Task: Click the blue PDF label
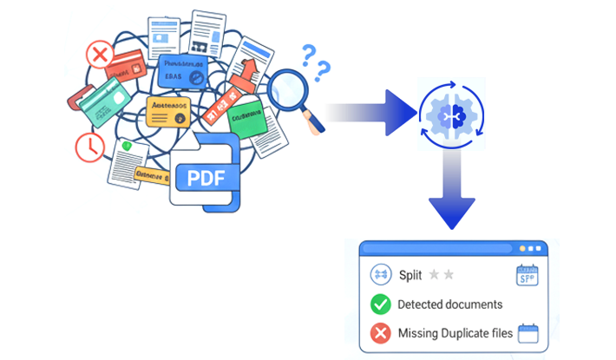(x=206, y=179)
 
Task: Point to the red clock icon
(x=88, y=147)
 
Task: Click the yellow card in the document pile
(x=167, y=110)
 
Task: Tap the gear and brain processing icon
(x=449, y=113)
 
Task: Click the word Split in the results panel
(x=410, y=275)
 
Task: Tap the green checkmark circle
(x=380, y=304)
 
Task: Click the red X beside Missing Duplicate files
(x=380, y=333)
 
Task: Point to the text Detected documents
(x=449, y=304)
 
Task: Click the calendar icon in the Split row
(x=528, y=275)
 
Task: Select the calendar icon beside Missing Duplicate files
(x=528, y=333)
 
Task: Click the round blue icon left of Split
(x=380, y=275)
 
